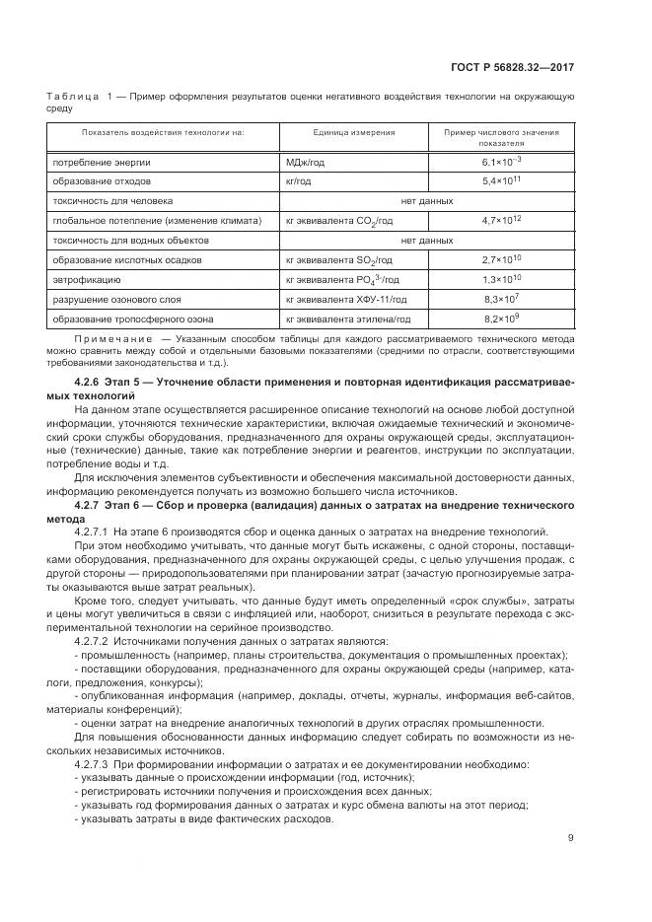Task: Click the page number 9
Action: [570, 838]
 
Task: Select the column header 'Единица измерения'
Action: [340, 131]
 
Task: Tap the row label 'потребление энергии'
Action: [101, 162]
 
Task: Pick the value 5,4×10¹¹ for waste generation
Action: [501, 181]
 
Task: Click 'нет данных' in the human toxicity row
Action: [426, 201]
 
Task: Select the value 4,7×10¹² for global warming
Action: [501, 221]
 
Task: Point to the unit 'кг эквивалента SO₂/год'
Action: [338, 260]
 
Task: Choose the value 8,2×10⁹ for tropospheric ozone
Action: [501, 319]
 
